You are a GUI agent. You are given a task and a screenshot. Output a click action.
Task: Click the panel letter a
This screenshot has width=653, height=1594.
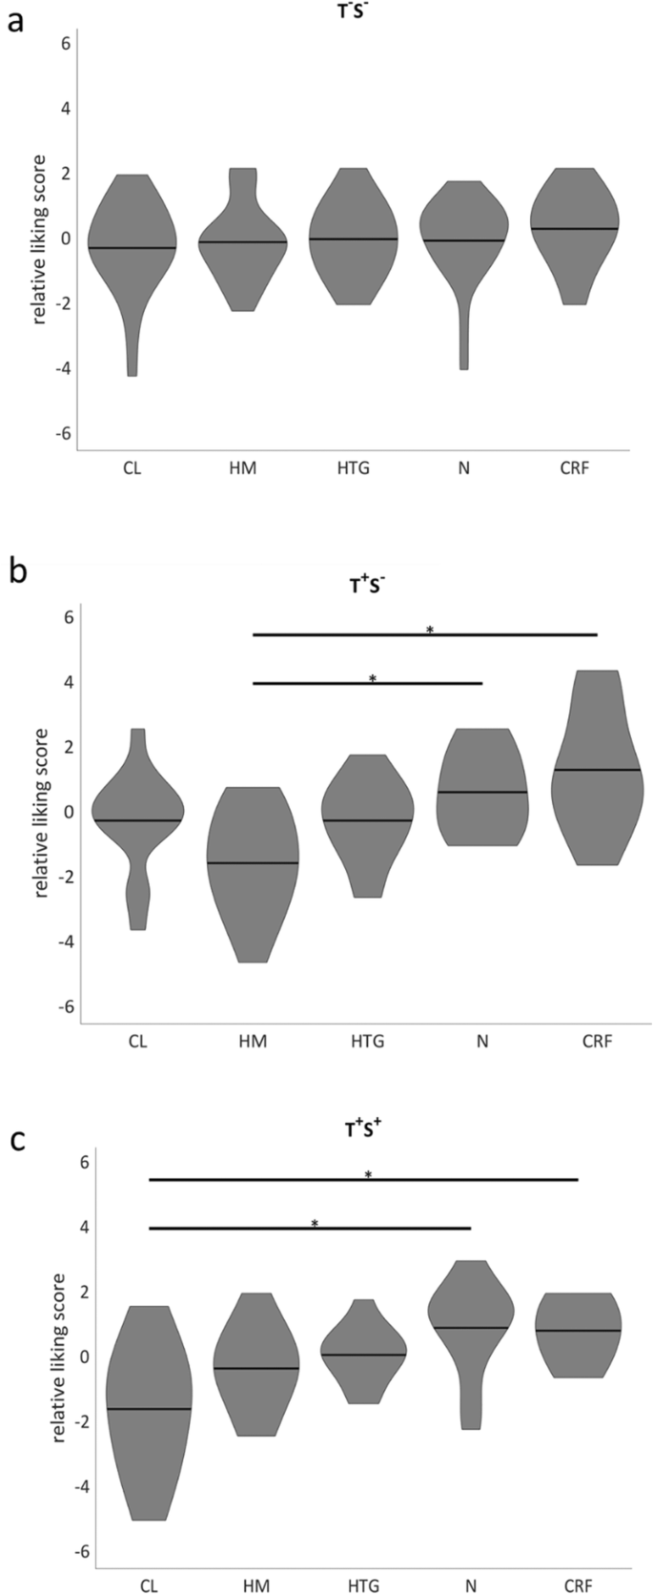(15, 21)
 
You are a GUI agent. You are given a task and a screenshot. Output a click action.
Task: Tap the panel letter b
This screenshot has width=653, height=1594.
(17, 571)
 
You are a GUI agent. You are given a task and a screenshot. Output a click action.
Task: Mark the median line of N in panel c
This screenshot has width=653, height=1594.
(470, 1327)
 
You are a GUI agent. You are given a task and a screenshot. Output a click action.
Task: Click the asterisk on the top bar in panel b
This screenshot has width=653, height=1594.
(430, 630)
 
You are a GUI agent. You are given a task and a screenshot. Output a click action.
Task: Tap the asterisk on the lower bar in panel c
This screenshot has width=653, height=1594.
(314, 1223)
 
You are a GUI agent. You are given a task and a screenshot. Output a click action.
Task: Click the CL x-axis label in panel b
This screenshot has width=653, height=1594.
(137, 1041)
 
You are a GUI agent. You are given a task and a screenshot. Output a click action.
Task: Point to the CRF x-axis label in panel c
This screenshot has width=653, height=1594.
(578, 1586)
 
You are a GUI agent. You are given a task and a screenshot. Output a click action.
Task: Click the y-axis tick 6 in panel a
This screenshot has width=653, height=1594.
(64, 44)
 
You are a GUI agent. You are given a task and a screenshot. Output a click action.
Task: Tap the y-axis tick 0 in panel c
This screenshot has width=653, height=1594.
(84, 1356)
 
